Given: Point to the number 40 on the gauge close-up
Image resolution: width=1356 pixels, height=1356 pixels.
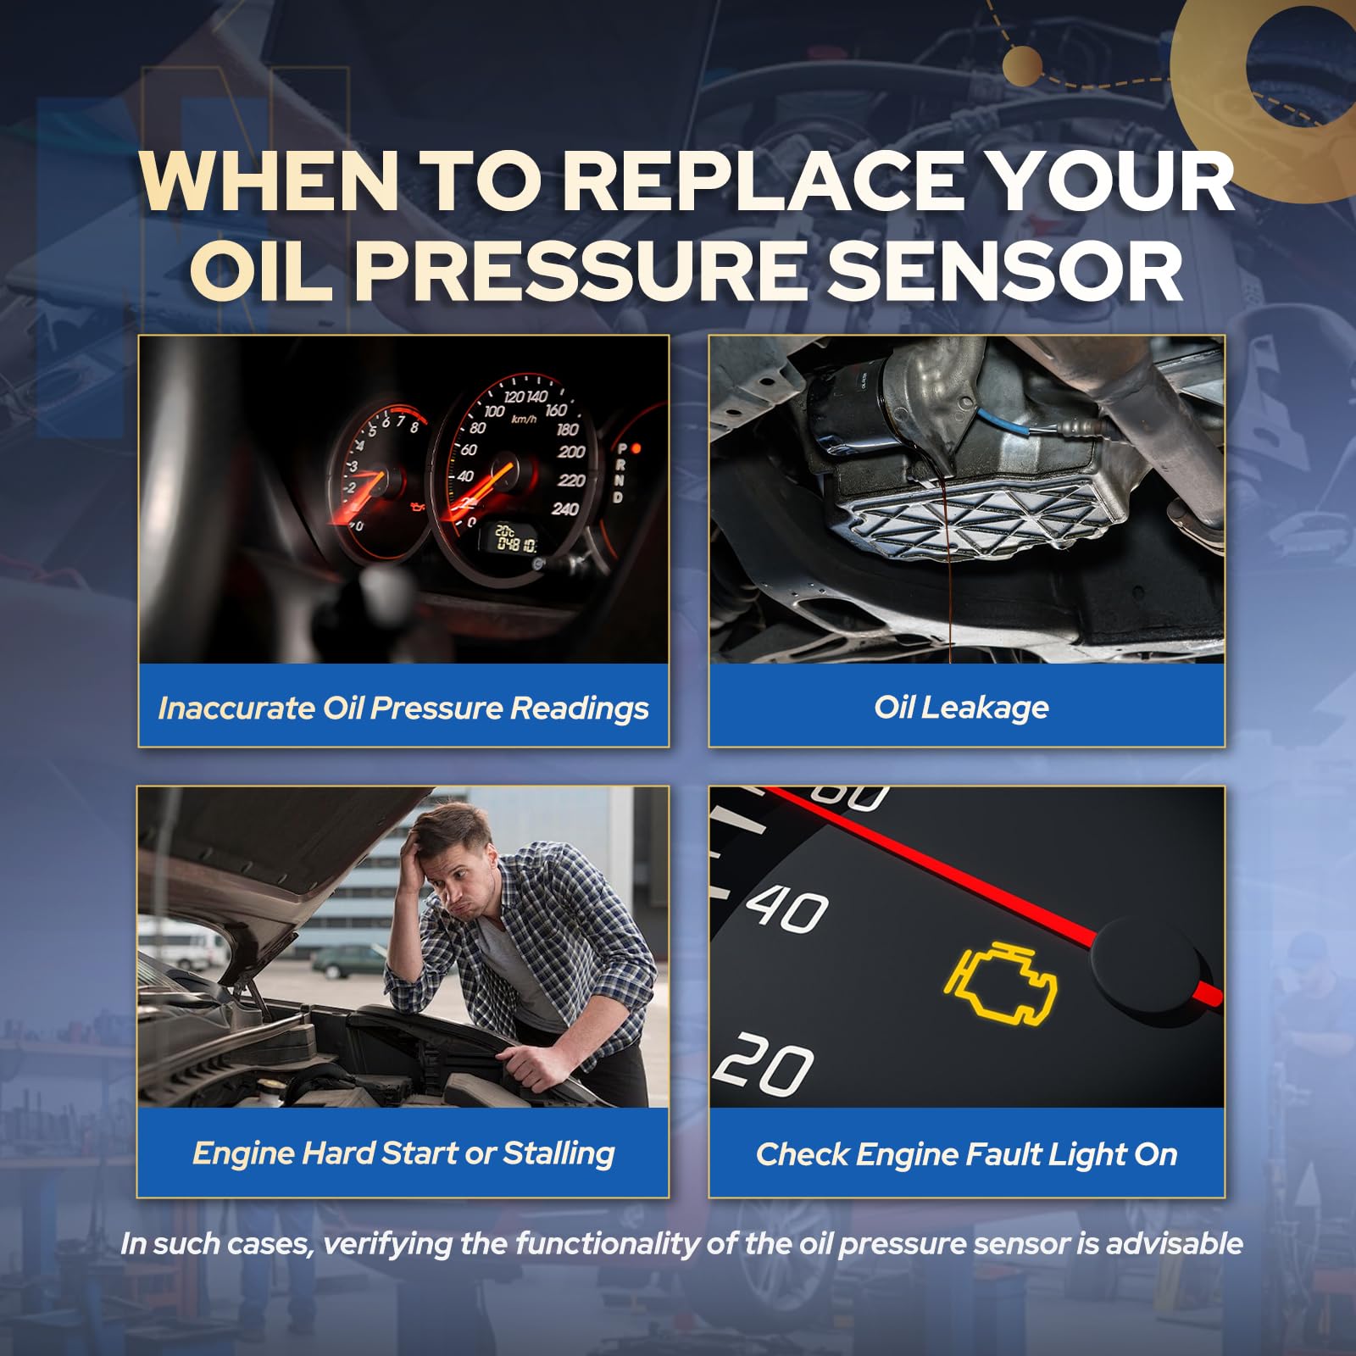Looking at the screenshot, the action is coord(787,909).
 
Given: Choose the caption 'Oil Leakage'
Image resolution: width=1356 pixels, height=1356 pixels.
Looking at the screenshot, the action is coord(961,707).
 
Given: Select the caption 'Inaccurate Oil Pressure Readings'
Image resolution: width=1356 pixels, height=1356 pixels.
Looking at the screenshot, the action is coord(403,708).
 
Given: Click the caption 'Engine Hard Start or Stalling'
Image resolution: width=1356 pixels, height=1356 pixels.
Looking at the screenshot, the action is coord(403,1153).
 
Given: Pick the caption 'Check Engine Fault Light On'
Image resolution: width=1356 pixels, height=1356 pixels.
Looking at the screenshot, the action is coord(966,1153).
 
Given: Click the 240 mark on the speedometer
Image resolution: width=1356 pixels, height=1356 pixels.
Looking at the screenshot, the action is coord(565,508).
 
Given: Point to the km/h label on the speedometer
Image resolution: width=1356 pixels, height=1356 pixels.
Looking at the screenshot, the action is coord(524,418).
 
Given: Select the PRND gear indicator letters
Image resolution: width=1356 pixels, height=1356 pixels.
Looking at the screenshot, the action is coord(622,472).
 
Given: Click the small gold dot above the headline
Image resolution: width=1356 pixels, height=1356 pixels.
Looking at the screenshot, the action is coord(1022,65).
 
